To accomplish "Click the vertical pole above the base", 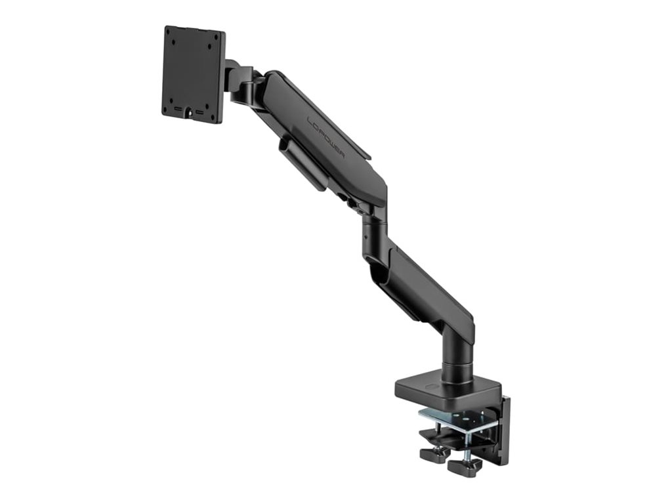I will pyautogui.click(x=458, y=354).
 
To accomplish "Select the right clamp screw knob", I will pyautogui.click(x=465, y=466).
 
